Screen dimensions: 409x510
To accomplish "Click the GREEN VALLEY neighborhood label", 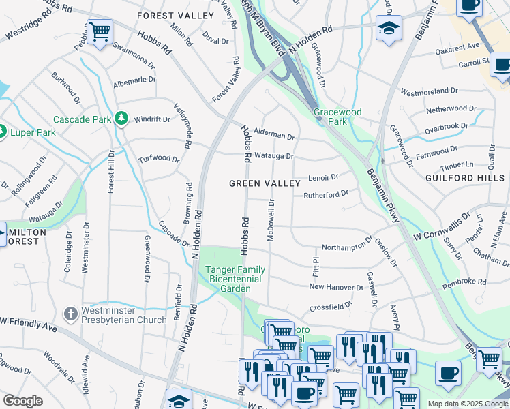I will pyautogui.click(x=265, y=183).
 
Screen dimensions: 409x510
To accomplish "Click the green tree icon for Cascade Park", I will pyautogui.click(x=121, y=119).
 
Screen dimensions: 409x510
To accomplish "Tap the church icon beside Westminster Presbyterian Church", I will pyautogui.click(x=70, y=314).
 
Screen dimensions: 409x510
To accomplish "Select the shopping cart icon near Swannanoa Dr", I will pyautogui.click(x=100, y=32).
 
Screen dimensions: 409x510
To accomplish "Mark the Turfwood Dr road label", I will pyautogui.click(x=158, y=160).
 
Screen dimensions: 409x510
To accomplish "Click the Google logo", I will pyautogui.click(x=22, y=401).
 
